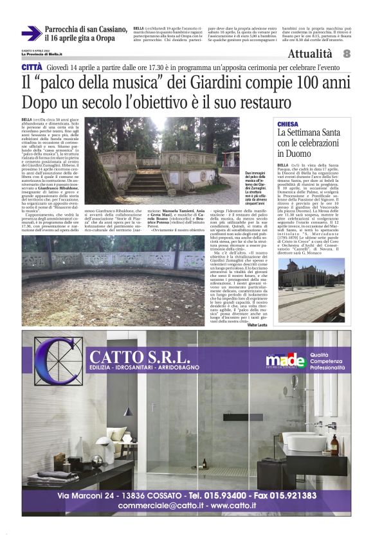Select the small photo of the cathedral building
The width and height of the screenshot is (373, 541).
(x=311, y=281)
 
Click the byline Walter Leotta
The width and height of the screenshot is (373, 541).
(x=259, y=326)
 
